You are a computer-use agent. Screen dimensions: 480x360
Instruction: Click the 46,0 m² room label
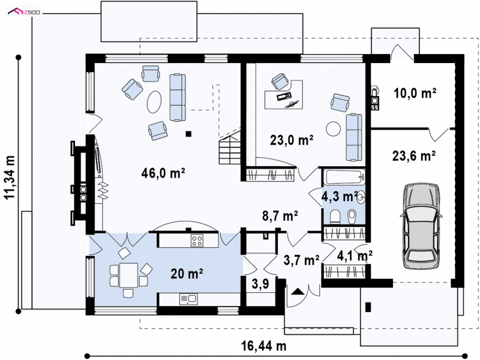163,173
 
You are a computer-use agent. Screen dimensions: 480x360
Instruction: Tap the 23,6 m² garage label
414,156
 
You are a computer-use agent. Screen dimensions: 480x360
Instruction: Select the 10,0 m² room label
415,93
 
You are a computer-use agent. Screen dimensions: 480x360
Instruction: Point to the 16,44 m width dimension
264,346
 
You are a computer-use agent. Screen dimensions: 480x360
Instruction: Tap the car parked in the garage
421,226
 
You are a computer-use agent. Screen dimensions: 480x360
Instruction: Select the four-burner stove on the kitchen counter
197,241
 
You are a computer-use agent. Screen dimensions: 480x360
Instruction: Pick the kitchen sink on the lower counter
188,299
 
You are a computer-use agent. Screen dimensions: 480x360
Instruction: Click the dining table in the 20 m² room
128,275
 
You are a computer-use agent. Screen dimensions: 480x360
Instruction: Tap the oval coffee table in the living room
154,101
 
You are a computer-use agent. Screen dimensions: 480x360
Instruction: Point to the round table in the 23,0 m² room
333,129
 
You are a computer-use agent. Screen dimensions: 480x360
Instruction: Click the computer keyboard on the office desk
284,96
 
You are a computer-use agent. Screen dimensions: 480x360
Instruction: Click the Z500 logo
25,12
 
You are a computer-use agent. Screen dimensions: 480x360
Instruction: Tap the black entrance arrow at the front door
297,291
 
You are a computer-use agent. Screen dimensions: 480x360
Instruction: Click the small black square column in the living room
189,133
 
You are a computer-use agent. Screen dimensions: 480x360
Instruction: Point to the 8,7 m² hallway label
280,216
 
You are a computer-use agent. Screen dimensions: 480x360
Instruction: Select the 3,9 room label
260,284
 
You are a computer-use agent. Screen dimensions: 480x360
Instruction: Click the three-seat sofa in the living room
178,97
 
